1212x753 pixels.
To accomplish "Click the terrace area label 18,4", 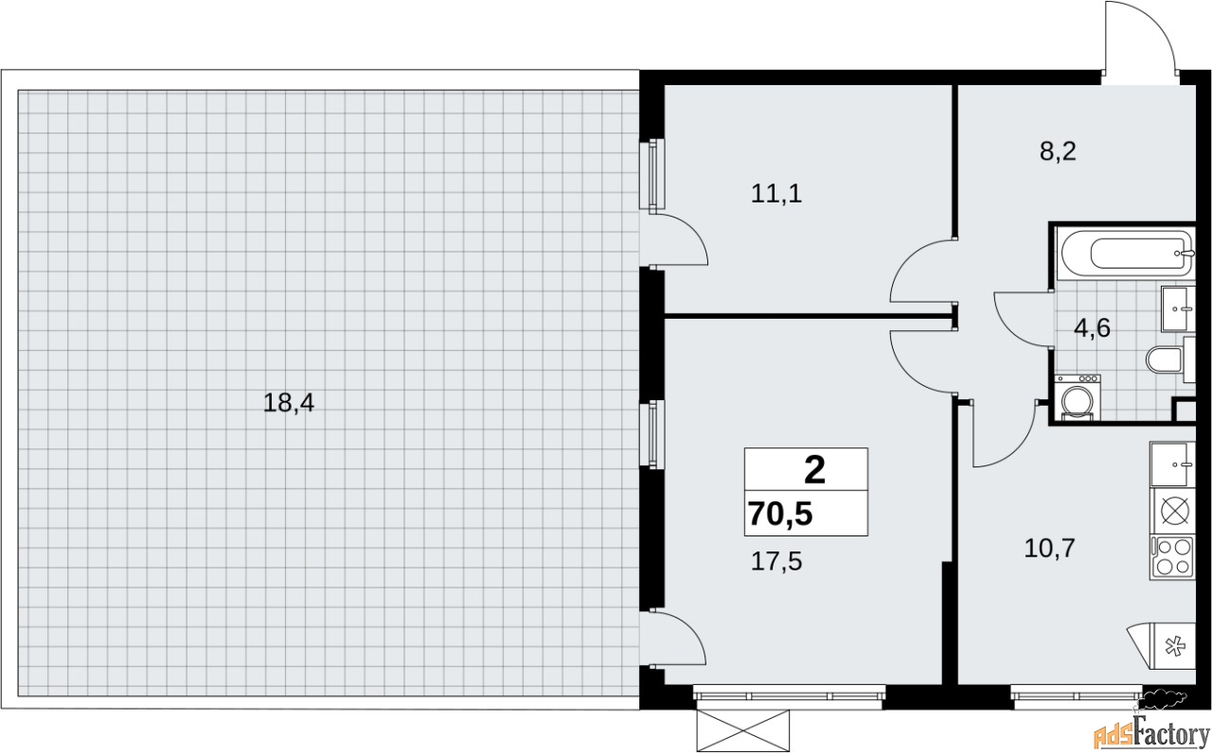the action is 289,403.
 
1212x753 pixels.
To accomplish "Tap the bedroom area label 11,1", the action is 776,194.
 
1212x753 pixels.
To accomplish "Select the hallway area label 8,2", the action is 1058,151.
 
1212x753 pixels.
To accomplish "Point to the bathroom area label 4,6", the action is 1092,328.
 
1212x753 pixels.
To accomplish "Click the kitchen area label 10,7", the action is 1050,549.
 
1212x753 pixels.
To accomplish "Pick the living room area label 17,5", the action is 776,562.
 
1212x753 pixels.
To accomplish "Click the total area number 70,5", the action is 781,514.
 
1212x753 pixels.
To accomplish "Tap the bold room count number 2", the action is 815,470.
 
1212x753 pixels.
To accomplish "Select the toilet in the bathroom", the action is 1168,359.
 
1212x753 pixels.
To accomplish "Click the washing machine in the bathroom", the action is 1078,397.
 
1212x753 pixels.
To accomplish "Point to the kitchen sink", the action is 1172,464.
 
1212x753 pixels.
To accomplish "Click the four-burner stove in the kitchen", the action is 1172,558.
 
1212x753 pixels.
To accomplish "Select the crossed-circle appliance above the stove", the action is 1175,511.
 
